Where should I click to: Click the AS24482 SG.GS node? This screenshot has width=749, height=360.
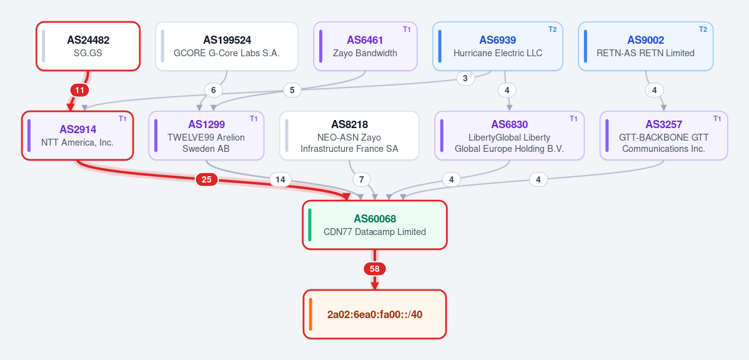(88, 46)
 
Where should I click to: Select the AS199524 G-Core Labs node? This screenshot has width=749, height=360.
(226, 46)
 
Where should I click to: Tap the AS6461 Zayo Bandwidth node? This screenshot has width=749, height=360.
(365, 46)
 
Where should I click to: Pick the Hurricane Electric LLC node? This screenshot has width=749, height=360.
(498, 46)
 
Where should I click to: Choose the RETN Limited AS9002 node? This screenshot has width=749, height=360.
(646, 46)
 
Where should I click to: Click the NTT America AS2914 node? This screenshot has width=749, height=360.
(77, 136)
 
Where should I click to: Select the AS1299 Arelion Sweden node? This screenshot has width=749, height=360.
(206, 136)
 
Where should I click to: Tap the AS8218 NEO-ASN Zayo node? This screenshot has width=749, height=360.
(349, 136)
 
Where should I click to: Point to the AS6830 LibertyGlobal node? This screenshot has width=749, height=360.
(509, 136)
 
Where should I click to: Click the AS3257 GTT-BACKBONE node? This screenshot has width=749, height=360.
(664, 136)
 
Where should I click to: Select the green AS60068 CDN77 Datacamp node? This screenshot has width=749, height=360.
(375, 225)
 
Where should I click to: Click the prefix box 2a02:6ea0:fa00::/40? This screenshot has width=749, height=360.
(375, 314)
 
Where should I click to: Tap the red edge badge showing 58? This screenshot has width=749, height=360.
(375, 269)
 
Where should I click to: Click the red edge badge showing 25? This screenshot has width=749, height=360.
(207, 180)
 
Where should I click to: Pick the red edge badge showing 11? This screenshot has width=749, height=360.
(80, 90)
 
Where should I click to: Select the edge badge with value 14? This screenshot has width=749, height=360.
(280, 180)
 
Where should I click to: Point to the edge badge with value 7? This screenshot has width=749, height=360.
(362, 180)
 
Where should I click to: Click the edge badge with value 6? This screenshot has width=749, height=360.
(214, 90)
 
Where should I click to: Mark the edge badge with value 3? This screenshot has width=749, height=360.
(466, 78)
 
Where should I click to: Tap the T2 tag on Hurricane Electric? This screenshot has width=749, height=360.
(553, 29)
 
